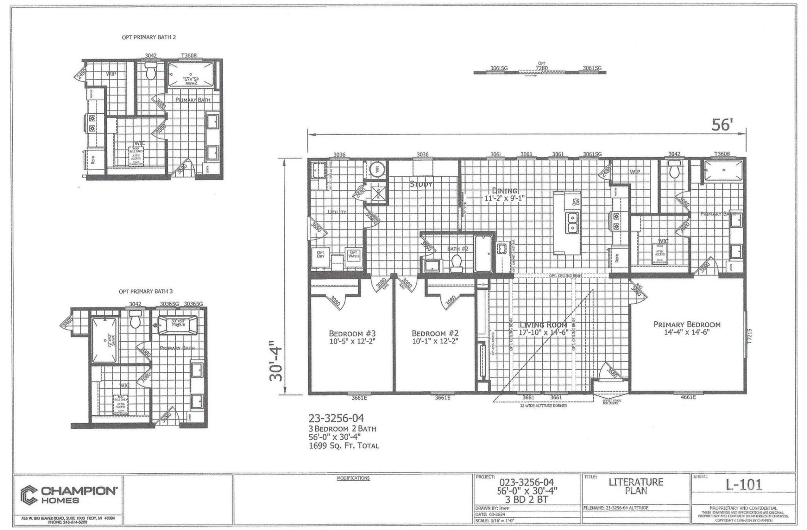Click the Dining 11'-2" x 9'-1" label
(x=504, y=194)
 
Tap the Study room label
(x=421, y=184)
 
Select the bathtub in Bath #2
(x=484, y=253)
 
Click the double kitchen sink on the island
(x=572, y=223)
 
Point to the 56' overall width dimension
(x=722, y=125)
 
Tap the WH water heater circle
(x=377, y=169)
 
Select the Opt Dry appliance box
(x=320, y=255)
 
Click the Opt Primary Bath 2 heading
(x=149, y=37)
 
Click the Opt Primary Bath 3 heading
(x=145, y=291)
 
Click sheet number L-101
(x=743, y=485)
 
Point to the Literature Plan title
(x=636, y=486)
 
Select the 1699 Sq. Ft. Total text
(x=343, y=446)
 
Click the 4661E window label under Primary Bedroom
(x=688, y=397)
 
